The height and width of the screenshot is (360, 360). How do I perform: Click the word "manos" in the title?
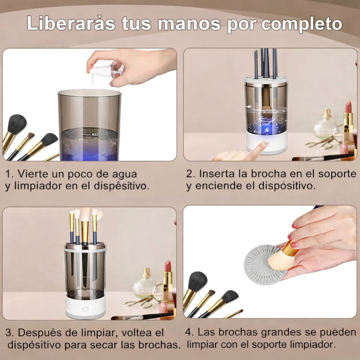[x=189, y=24]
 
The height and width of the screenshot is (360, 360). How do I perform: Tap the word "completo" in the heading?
[x=302, y=24]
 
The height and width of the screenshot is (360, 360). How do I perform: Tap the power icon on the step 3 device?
[x=85, y=309]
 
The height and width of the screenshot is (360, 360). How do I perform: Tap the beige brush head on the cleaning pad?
[x=281, y=260]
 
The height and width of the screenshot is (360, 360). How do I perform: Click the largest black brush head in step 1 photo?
[x=17, y=124]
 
